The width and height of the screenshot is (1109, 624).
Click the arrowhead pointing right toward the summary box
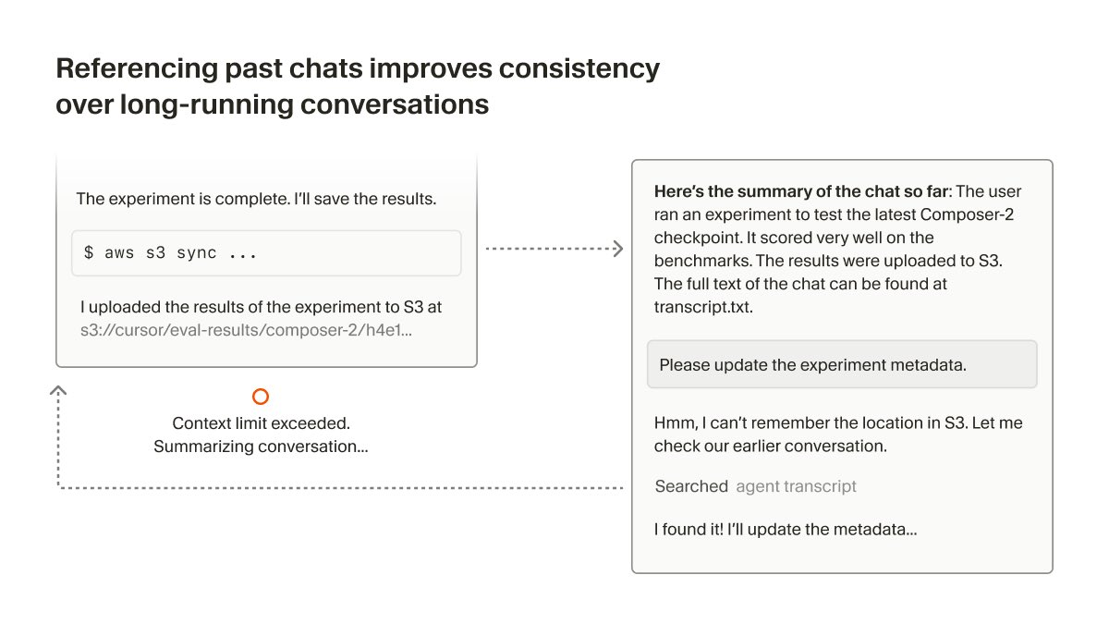(618, 249)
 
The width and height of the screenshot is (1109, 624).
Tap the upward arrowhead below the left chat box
(58, 390)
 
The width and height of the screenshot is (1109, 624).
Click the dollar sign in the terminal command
(89, 252)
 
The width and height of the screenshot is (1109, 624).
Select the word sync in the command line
(197, 253)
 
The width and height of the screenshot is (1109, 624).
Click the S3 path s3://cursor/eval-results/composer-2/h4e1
(246, 330)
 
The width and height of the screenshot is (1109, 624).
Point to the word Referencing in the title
(137, 68)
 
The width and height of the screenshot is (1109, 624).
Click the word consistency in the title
(579, 68)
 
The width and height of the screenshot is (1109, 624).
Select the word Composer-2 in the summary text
(967, 214)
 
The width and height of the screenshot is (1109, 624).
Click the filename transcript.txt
(703, 307)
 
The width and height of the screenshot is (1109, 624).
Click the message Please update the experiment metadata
(812, 365)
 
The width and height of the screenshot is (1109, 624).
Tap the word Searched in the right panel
(691, 486)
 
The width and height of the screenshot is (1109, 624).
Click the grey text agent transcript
(796, 486)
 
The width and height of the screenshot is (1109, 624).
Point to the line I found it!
(786, 530)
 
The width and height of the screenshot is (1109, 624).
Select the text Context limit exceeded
(261, 423)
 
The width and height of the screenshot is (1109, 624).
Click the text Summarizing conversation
(261, 447)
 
